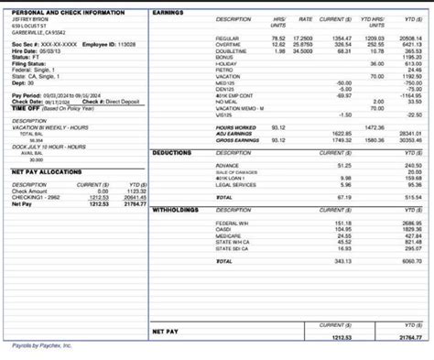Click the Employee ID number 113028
tap(123, 43)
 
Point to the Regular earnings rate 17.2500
tap(301, 38)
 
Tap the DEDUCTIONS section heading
tap(172, 153)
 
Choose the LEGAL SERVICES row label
tap(236, 184)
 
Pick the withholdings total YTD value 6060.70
tap(410, 261)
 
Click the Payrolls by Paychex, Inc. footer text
tap(41, 346)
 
